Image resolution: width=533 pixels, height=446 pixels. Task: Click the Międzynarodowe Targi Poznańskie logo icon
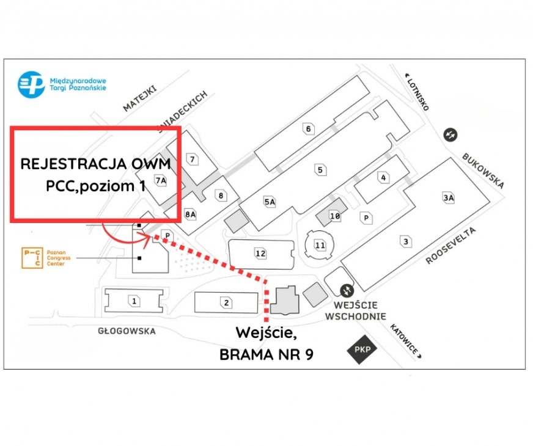31,84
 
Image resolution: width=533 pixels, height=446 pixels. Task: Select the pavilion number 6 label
309,128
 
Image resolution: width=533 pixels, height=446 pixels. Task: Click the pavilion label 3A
449,197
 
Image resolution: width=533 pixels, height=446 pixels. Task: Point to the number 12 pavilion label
261,253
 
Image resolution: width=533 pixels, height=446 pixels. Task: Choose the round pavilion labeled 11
320,246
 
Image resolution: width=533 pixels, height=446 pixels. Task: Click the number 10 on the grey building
334,216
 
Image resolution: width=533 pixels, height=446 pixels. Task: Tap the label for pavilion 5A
270,202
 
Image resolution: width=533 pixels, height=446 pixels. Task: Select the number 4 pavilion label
384,178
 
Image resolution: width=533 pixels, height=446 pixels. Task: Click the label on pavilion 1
134,301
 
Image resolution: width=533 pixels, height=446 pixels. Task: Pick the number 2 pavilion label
226,302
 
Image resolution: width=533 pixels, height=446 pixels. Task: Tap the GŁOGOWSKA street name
127,331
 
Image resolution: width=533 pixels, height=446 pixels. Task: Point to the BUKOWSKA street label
483,170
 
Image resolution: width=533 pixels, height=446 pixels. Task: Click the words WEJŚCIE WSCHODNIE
355,310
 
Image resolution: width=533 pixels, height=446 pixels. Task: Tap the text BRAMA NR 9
266,354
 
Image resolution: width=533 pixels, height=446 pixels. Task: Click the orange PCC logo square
32,258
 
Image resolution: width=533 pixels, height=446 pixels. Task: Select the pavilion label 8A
190,214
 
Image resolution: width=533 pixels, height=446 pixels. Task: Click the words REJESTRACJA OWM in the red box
96,164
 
